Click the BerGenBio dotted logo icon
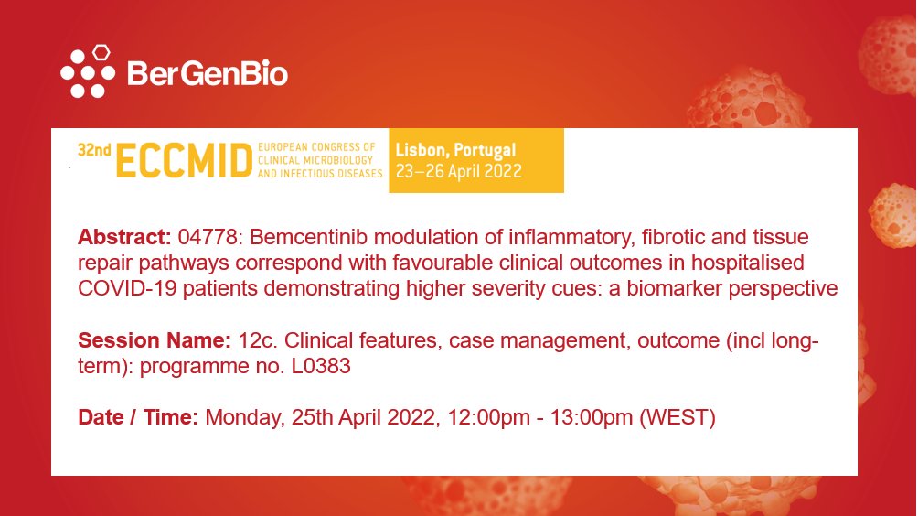[87, 70]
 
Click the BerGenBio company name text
[208, 72]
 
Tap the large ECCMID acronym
[184, 161]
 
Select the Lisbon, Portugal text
[455, 150]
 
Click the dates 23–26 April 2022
[458, 170]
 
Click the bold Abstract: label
[124, 238]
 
